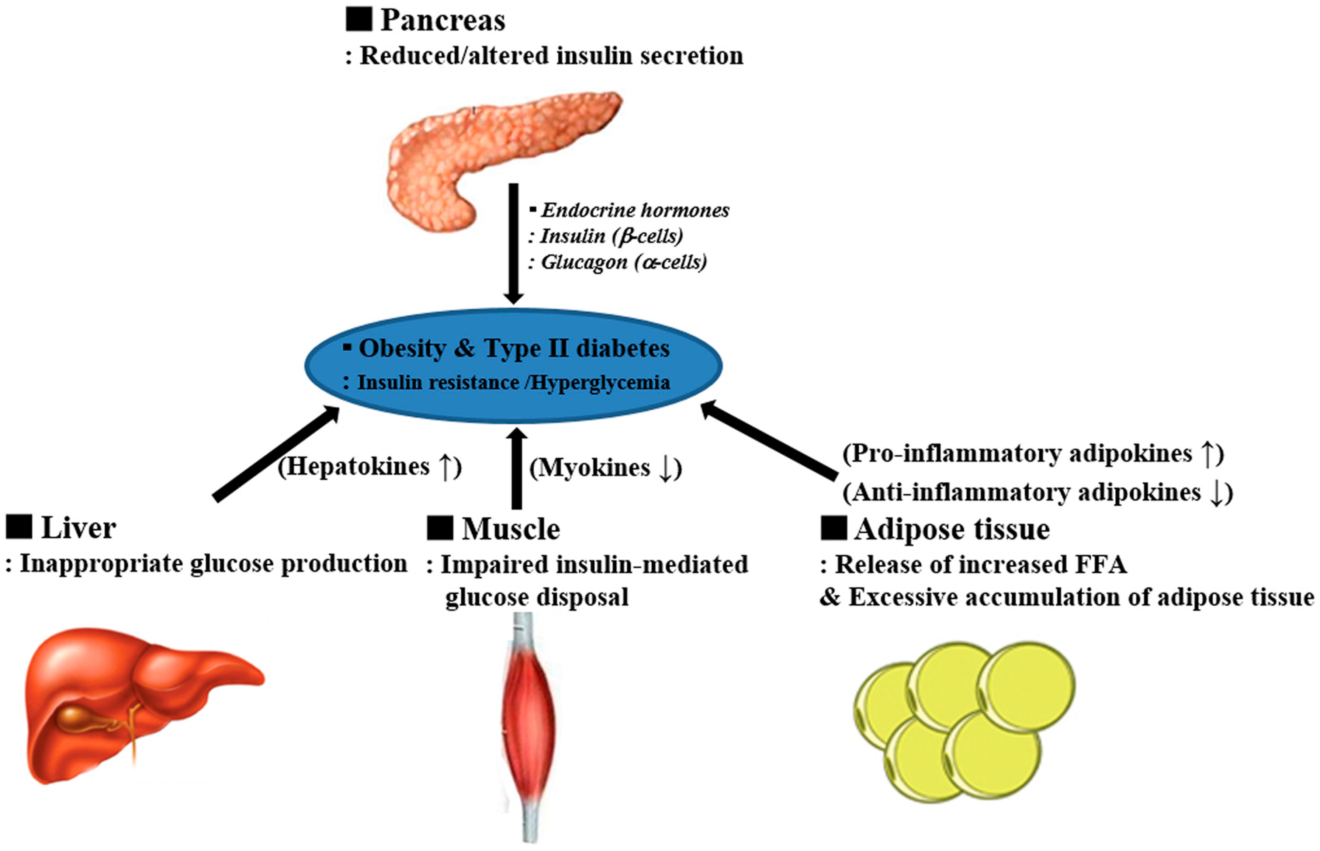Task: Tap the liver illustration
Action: click(x=138, y=705)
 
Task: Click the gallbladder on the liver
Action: click(x=83, y=718)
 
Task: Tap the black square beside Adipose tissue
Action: click(x=834, y=528)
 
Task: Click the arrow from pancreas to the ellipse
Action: click(x=513, y=243)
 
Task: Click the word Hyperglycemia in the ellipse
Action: click(x=600, y=382)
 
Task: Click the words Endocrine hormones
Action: click(x=635, y=211)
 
